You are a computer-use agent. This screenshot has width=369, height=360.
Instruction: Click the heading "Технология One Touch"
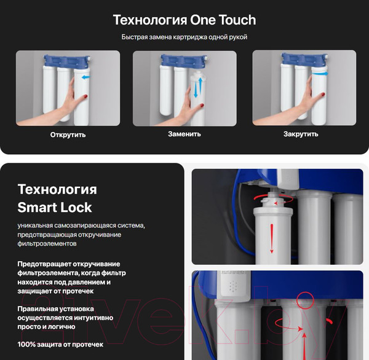tap(184, 20)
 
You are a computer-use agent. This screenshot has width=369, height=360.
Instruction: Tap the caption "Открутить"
tap(68, 135)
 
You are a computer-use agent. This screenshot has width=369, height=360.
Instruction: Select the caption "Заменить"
tap(184, 134)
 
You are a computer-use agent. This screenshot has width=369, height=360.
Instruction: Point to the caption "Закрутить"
tap(301, 134)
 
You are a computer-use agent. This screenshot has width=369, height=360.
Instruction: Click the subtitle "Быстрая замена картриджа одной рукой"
tap(184, 37)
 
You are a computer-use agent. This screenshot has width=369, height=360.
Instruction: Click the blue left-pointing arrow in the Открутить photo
tap(85, 77)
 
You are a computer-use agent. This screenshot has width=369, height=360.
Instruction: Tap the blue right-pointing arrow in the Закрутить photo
tap(320, 74)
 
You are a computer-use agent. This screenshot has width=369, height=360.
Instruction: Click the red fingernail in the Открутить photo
tap(85, 96)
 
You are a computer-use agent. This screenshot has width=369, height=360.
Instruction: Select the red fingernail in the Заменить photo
tap(202, 106)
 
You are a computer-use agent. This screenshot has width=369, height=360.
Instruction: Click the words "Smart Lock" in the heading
tap(55, 208)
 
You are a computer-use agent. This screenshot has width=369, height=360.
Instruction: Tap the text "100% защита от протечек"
tap(60, 345)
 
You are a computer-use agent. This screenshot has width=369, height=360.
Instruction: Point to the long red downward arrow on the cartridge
tap(272, 238)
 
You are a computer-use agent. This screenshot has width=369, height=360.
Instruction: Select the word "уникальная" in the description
tap(35, 225)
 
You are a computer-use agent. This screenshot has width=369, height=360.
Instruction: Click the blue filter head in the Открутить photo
tap(67, 61)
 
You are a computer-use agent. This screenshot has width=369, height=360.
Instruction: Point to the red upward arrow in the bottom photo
tap(304, 346)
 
